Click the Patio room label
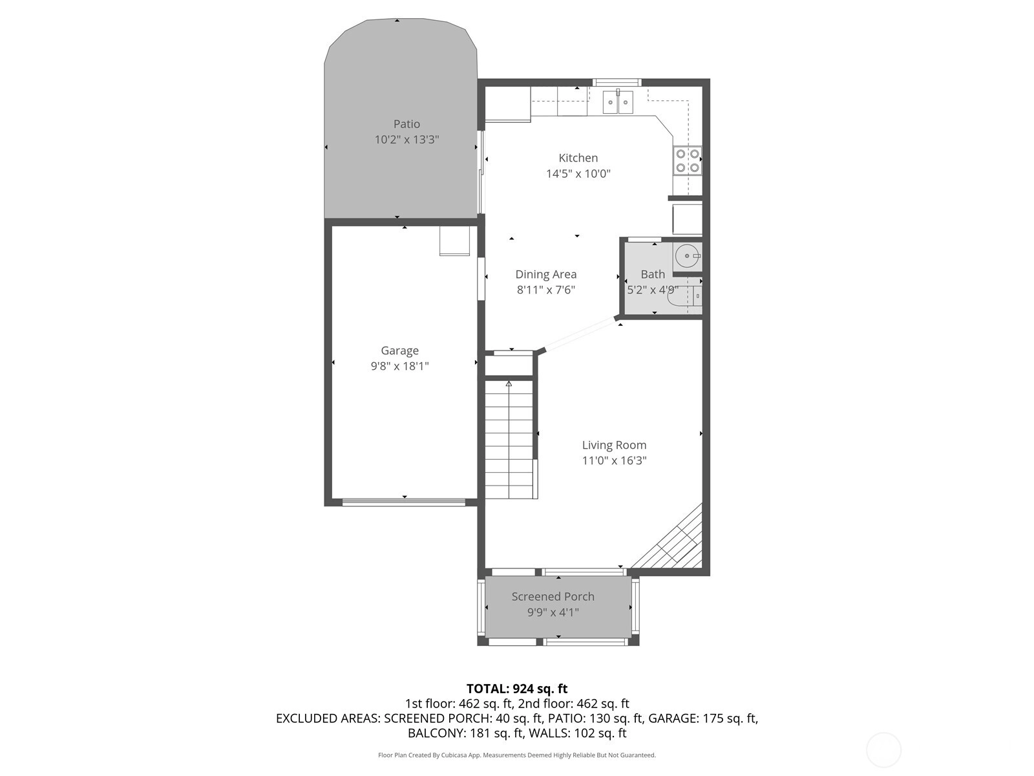pos(406,124)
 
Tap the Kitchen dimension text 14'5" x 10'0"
pos(578,173)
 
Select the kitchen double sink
pos(618,102)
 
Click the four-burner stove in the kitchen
pos(688,160)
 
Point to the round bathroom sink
pos(687,256)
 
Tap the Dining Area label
pos(546,274)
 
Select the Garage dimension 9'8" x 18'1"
pos(399,366)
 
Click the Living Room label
pos(614,445)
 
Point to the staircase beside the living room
pos(509,440)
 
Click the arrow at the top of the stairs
pos(509,384)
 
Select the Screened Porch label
pos(553,596)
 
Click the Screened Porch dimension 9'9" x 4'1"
pos(553,612)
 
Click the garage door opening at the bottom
pos(404,502)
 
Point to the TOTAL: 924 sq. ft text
pos(517,689)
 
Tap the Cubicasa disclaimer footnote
pos(517,755)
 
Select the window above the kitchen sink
pos(617,83)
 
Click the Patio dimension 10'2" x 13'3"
pos(406,140)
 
